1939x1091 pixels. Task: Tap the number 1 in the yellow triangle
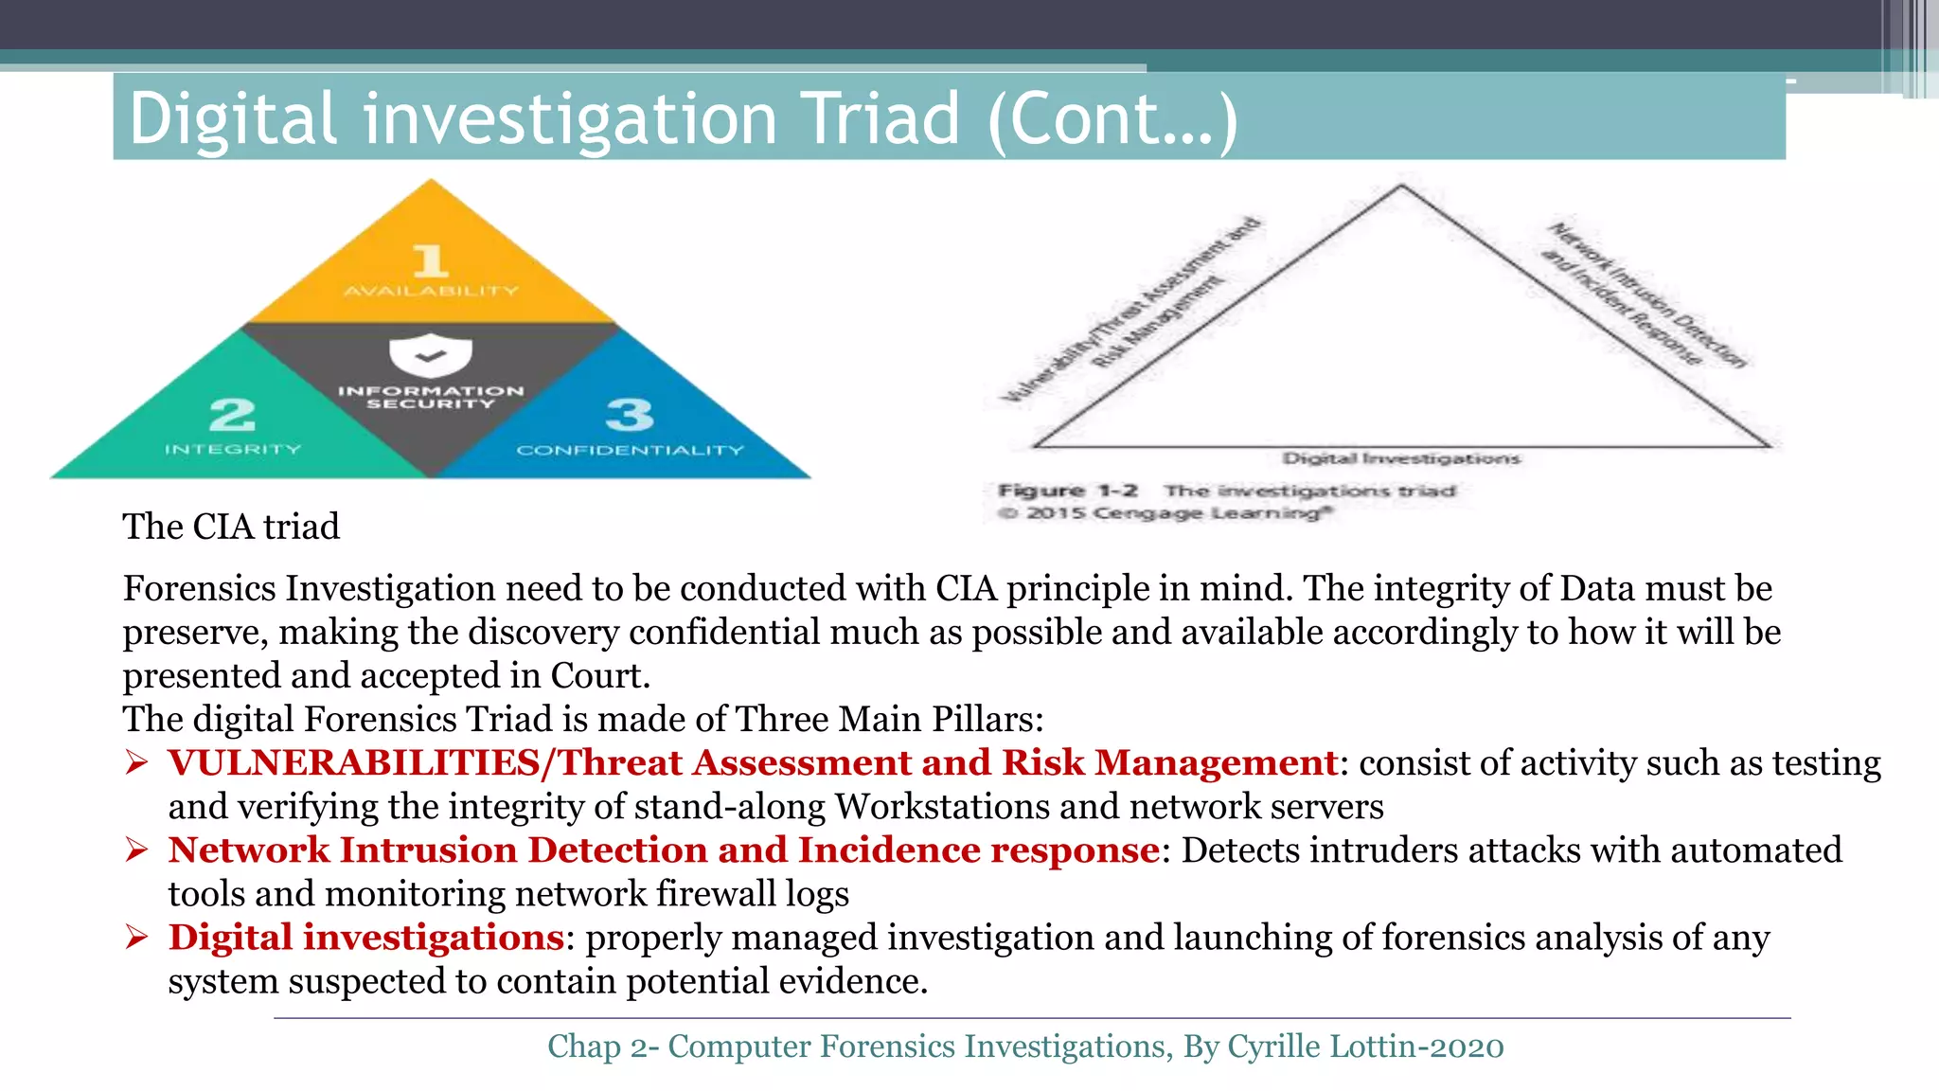(431, 260)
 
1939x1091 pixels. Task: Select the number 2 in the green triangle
(232, 415)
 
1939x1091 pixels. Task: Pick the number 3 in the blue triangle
(630, 415)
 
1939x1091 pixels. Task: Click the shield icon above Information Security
(431, 355)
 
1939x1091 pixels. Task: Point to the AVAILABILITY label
(431, 291)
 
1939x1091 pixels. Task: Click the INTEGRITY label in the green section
(233, 449)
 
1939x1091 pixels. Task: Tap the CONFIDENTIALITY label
(630, 450)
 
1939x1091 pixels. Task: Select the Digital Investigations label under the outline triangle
(1401, 458)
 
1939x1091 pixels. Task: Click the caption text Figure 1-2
(1068, 491)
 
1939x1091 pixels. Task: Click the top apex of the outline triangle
(1402, 187)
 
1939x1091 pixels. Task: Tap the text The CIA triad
(231, 527)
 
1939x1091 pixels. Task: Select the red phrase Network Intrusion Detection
(438, 850)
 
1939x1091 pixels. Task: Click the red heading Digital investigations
(366, 937)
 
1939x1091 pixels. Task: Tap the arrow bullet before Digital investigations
(137, 938)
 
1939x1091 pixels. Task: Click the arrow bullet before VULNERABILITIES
(137, 762)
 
